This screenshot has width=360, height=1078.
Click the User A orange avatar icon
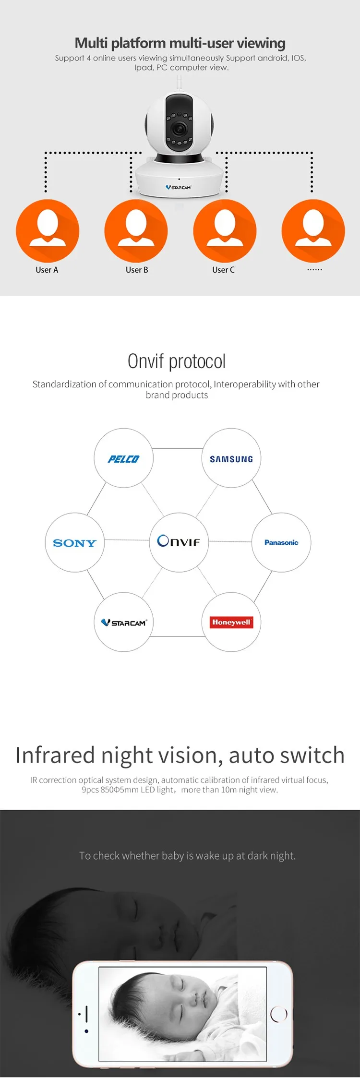tap(48, 230)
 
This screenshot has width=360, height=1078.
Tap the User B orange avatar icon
tap(136, 230)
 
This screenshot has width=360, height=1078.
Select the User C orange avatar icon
tap(225, 230)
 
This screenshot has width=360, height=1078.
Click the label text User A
tap(47, 270)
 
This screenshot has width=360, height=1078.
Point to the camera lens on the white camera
tap(180, 128)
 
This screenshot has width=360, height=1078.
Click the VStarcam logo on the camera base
tap(179, 187)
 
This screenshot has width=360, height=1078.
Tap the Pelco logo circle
tap(123, 459)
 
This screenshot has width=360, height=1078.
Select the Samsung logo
tap(231, 459)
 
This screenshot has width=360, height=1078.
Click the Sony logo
tap(74, 543)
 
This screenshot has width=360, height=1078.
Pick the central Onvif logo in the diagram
tap(179, 542)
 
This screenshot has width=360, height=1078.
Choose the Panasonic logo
tap(281, 542)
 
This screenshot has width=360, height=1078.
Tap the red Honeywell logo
tap(231, 622)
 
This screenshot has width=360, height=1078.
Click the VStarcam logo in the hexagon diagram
tap(124, 623)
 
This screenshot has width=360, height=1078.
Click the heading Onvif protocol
tap(177, 361)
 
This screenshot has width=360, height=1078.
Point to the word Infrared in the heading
tap(55, 755)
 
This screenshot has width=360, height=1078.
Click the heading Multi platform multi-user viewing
tap(180, 43)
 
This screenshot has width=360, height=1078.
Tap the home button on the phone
tap(278, 1014)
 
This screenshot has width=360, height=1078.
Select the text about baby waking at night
tap(187, 855)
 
